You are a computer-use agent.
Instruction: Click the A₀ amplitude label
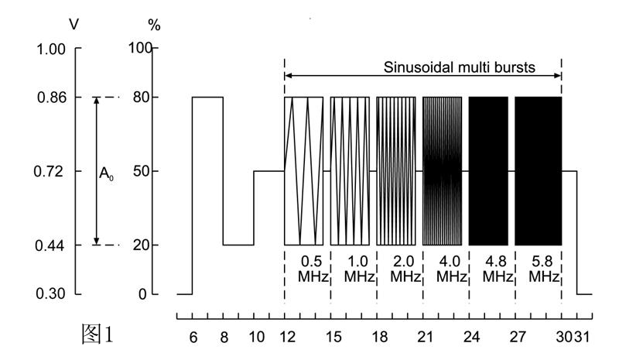[106, 174]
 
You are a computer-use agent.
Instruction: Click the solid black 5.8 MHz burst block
[538, 170]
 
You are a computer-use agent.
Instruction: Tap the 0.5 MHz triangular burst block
[303, 170]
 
